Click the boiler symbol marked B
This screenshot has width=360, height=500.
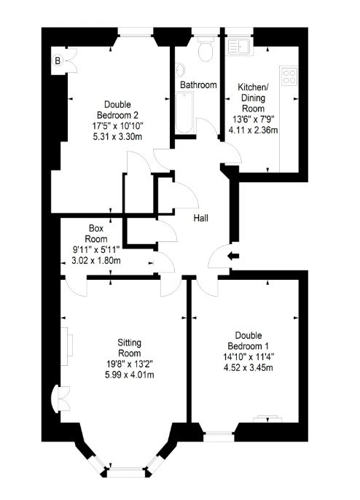(58, 60)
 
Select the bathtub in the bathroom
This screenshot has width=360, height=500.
(184, 112)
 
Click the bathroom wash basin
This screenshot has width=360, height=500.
(179, 70)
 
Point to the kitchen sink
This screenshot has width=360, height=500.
(239, 47)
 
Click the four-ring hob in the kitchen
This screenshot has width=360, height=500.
(289, 77)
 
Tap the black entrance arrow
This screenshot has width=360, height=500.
(233, 256)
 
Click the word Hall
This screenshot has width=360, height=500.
(201, 218)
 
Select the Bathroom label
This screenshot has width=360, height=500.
(198, 85)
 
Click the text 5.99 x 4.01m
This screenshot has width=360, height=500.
(130, 375)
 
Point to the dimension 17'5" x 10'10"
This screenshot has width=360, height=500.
(118, 126)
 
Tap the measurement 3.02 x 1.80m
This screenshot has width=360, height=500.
(96, 260)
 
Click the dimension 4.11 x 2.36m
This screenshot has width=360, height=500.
(253, 130)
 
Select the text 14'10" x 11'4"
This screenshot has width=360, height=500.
(249, 356)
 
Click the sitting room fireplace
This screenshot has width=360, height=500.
(66, 346)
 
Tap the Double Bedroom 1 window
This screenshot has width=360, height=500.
(219, 437)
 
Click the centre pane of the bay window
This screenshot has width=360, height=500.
(127, 472)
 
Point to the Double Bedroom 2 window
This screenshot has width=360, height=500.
(136, 32)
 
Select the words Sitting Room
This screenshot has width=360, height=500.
(130, 348)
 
